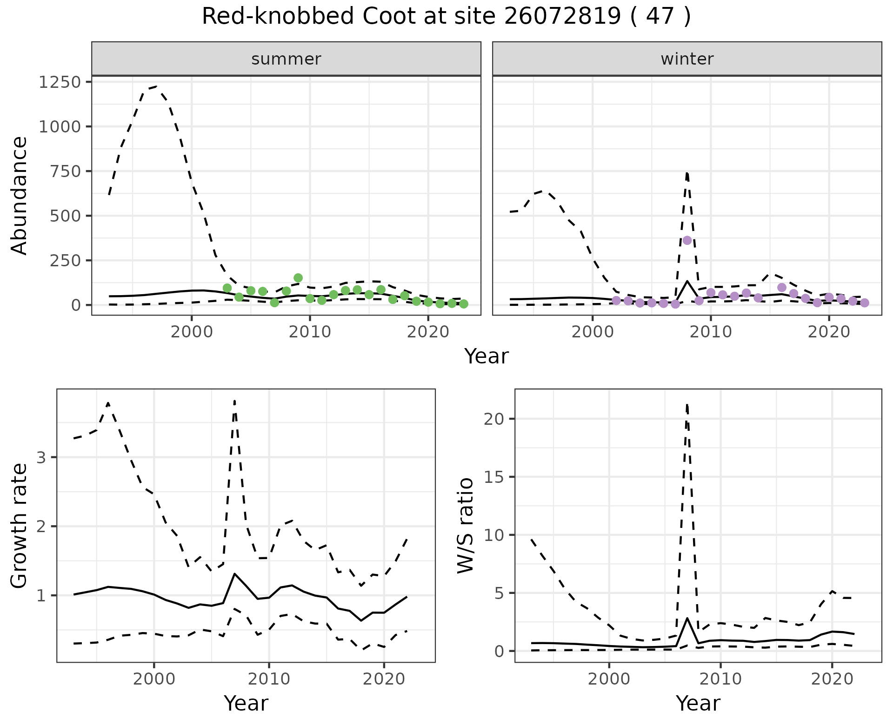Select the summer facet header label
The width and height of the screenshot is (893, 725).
tap(286, 59)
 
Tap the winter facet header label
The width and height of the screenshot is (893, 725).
tap(687, 59)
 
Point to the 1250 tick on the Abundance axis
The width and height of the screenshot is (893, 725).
tap(60, 82)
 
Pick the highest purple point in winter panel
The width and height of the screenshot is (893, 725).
tap(687, 240)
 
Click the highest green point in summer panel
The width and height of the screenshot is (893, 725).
tap(298, 278)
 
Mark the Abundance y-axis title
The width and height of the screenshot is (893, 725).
tap(20, 195)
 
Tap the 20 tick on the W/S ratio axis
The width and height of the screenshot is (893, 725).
tap(495, 419)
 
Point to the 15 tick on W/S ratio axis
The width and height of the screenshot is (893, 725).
tap(495, 477)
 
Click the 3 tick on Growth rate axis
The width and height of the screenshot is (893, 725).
tap(41, 458)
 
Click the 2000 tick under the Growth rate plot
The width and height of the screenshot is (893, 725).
tap(154, 679)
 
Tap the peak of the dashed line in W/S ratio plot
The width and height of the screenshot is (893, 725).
tap(687, 405)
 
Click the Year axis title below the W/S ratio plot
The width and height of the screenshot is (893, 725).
tap(698, 703)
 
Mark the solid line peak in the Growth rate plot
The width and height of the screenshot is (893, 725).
tap(235, 574)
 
